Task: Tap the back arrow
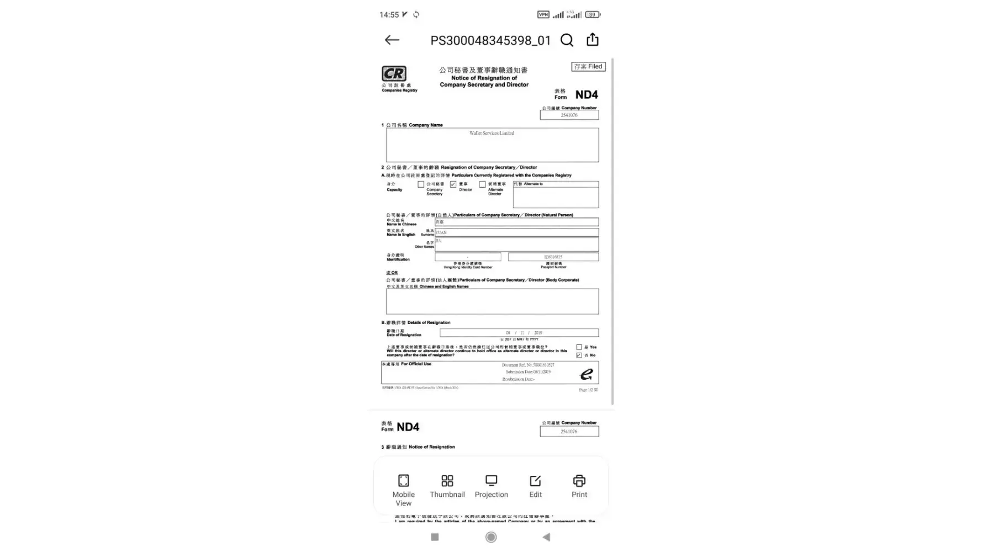tap(392, 40)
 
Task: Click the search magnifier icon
tap(567, 40)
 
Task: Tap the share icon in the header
tap(593, 40)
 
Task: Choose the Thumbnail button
tap(447, 486)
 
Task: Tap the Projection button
tap(491, 486)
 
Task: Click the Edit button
tap(535, 486)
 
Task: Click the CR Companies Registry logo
tap(394, 75)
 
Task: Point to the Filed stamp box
tap(588, 67)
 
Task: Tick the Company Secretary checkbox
tap(421, 184)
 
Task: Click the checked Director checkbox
tap(453, 184)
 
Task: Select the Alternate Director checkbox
tap(482, 184)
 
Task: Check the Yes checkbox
tap(579, 347)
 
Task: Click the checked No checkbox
tap(579, 355)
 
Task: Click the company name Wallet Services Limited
tap(492, 134)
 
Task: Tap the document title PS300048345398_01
tap(490, 40)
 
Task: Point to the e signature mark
tap(587, 374)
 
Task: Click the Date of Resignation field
tap(519, 333)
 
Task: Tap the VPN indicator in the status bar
tap(543, 14)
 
